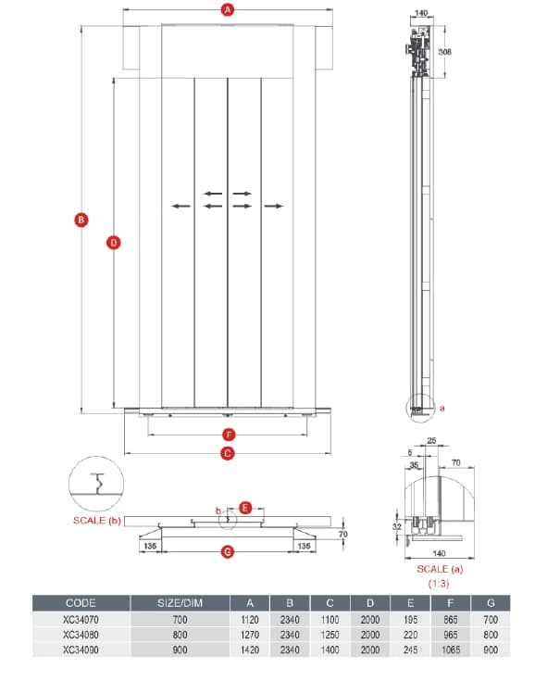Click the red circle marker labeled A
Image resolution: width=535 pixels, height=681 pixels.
click(x=228, y=9)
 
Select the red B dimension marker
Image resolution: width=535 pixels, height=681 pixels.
click(x=81, y=220)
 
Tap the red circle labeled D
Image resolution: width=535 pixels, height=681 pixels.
click(x=113, y=243)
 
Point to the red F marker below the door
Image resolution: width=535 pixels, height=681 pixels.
click(x=229, y=435)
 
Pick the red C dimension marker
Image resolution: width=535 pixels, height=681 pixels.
click(x=228, y=454)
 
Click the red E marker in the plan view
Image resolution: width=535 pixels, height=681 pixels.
click(x=245, y=508)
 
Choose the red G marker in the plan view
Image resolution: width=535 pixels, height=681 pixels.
click(x=228, y=552)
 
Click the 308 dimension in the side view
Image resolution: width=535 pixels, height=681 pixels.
click(x=444, y=52)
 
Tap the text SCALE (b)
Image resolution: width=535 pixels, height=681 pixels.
click(x=97, y=521)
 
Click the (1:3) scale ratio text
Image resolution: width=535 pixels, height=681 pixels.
click(x=439, y=584)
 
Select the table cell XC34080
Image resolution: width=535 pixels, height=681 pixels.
click(x=81, y=635)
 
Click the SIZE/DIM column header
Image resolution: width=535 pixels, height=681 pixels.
click(x=180, y=603)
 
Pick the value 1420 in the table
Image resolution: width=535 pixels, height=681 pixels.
click(x=250, y=649)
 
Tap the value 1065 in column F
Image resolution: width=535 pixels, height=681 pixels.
click(x=451, y=649)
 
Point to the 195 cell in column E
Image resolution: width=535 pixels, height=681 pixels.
click(x=410, y=620)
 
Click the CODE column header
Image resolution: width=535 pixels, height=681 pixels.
click(x=81, y=603)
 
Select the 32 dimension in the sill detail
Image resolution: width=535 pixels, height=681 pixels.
click(x=396, y=526)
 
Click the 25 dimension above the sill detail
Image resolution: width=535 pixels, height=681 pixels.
click(x=431, y=440)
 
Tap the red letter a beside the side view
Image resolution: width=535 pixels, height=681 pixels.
click(x=442, y=408)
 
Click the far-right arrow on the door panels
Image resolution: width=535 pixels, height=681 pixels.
click(x=274, y=206)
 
